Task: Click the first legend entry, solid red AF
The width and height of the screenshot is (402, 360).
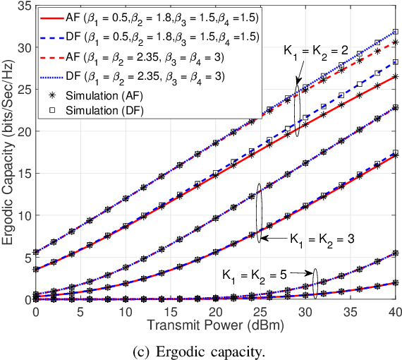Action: click(141, 18)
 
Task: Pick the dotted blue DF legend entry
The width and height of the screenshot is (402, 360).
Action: click(141, 76)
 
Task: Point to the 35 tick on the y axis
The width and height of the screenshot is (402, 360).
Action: click(24, 6)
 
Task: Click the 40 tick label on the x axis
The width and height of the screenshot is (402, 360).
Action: click(394, 311)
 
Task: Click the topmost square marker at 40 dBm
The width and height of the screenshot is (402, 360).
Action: click(396, 32)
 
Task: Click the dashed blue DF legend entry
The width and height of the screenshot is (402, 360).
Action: click(141, 37)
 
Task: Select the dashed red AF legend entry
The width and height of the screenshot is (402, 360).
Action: click(141, 56)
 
